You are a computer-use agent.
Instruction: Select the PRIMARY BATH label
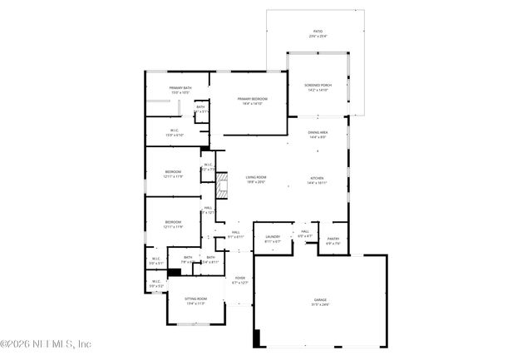(x=181, y=87)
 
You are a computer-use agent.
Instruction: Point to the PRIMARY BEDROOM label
(x=250, y=99)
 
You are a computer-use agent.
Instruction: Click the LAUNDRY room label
(x=273, y=237)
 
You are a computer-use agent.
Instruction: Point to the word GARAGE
(x=320, y=298)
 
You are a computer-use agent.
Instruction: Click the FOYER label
(x=239, y=278)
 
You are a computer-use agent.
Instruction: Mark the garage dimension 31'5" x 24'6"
(x=320, y=304)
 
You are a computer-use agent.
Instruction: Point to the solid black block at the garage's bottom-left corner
(x=257, y=338)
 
